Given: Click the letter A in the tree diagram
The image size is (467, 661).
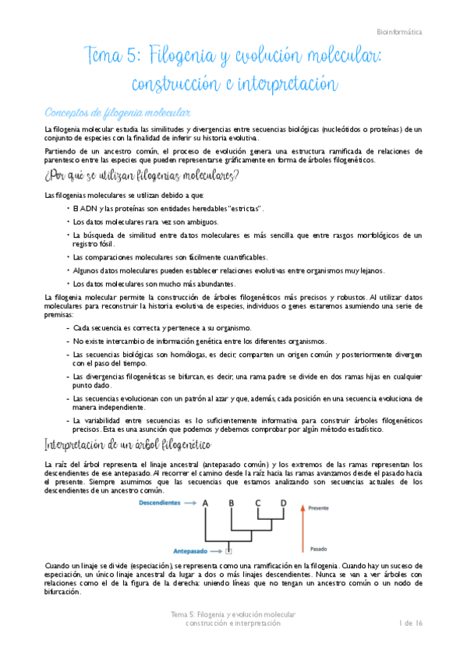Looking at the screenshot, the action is click(x=206, y=504).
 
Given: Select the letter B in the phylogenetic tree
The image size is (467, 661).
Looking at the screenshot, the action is click(x=232, y=504).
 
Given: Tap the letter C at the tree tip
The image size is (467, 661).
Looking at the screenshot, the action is click(x=258, y=504).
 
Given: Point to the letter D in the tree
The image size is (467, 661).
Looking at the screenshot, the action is click(x=282, y=504).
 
